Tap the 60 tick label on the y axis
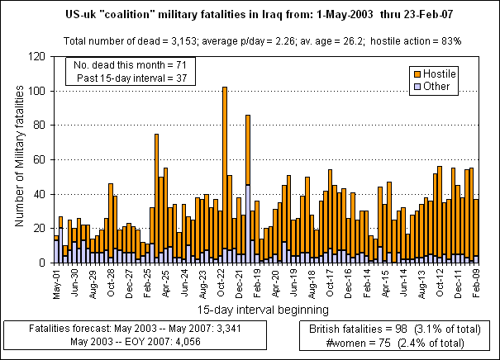coord(40,159)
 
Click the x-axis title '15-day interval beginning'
coord(262,310)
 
